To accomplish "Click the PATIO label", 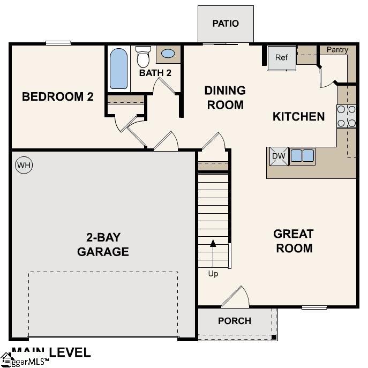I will coord(226,24).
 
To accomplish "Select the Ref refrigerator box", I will coord(282,58).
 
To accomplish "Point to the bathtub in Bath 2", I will coord(119,69).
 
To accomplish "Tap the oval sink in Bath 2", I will coord(168,54).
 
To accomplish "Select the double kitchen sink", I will coord(302,156).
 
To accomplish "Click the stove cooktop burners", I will coord(346,116).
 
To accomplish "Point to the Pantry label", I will coord(337,50).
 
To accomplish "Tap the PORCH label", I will coord(235,321).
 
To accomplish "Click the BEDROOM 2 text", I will coord(58,97).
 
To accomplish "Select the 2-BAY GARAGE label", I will coord(103,244).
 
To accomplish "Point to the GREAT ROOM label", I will coord(294,241).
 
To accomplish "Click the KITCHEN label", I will coord(299,116).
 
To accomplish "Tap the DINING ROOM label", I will coord(225,97).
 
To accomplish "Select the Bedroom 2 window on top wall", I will coord(58,43).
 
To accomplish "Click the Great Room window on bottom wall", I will coord(314,307).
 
